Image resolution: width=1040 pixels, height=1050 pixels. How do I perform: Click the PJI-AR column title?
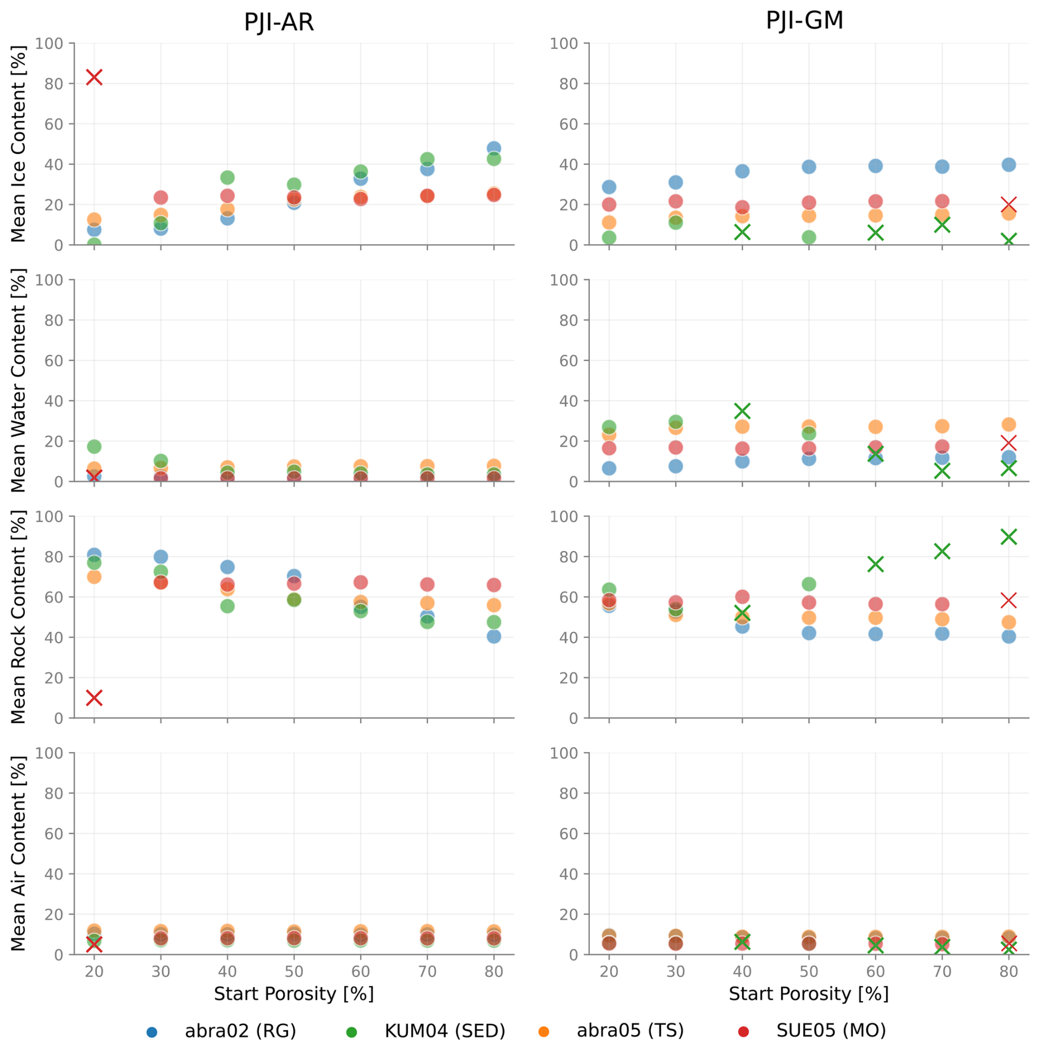278,23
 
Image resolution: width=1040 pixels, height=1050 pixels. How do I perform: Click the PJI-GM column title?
804,20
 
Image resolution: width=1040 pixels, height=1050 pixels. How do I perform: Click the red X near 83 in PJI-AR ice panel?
94,77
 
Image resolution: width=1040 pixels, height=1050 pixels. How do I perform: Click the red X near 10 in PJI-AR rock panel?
94,698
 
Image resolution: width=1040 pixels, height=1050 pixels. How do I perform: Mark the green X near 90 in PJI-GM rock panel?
1008,537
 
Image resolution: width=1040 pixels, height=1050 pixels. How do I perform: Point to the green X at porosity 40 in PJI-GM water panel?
742,411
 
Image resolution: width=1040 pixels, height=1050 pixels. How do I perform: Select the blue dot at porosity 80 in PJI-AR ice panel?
494,148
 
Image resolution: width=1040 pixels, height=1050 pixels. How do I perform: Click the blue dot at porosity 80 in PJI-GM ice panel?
1008,164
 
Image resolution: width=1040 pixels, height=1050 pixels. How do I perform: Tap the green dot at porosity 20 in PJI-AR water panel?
94,446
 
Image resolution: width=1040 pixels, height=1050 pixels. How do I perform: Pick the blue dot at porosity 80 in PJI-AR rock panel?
494,636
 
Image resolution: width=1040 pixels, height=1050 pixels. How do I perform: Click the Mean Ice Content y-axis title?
18,144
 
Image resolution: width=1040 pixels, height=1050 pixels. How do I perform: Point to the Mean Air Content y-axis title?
18,853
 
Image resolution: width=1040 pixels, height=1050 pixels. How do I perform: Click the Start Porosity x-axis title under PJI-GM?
808,993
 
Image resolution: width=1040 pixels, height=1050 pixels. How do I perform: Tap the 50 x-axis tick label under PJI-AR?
294,971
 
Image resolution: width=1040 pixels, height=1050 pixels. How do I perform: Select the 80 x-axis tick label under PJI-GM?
1008,971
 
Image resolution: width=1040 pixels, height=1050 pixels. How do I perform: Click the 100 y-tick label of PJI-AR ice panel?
49,43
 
